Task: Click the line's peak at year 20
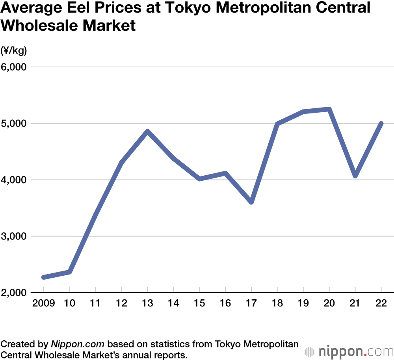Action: point(329,109)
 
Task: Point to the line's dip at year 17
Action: point(251,202)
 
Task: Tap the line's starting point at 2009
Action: point(43,277)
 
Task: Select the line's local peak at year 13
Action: point(147,131)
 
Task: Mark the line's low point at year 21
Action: point(355,176)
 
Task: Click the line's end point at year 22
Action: point(381,124)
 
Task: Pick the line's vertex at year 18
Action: point(277,124)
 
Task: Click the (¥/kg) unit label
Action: point(13,50)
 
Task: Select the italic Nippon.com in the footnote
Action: point(77,344)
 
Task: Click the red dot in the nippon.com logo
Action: point(365,354)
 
